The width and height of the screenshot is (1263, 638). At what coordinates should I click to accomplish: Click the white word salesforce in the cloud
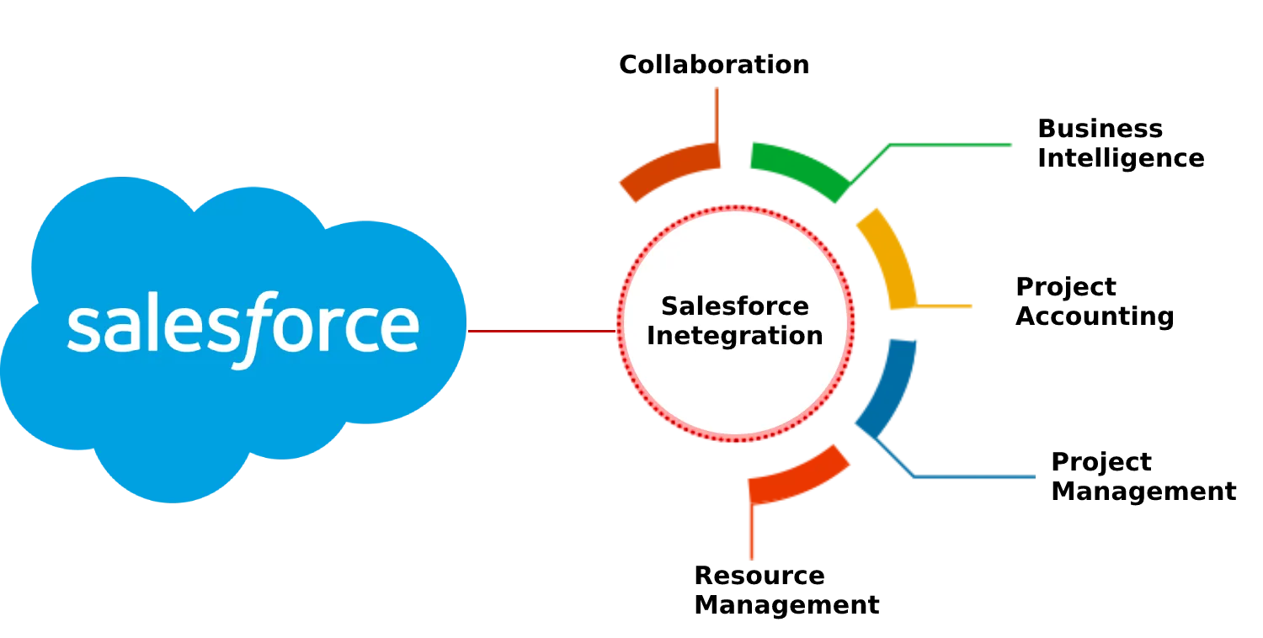tap(242, 328)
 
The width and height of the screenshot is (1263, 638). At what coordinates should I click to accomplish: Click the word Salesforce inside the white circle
tap(734, 306)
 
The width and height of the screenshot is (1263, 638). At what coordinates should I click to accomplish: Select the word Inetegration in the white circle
tap(734, 336)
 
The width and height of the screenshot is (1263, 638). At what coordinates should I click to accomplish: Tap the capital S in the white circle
tap(670, 306)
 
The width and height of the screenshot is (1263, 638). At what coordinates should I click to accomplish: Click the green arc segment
tap(796, 164)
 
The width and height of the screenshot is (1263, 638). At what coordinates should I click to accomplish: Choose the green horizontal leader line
tap(956, 145)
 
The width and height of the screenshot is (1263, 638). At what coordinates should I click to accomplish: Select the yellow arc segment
tap(887, 257)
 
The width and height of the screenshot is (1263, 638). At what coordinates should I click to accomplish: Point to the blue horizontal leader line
tap(977, 478)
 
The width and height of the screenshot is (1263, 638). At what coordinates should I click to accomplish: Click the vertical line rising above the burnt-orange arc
tap(717, 114)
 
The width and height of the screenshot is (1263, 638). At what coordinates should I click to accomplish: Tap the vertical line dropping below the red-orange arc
tap(753, 534)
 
